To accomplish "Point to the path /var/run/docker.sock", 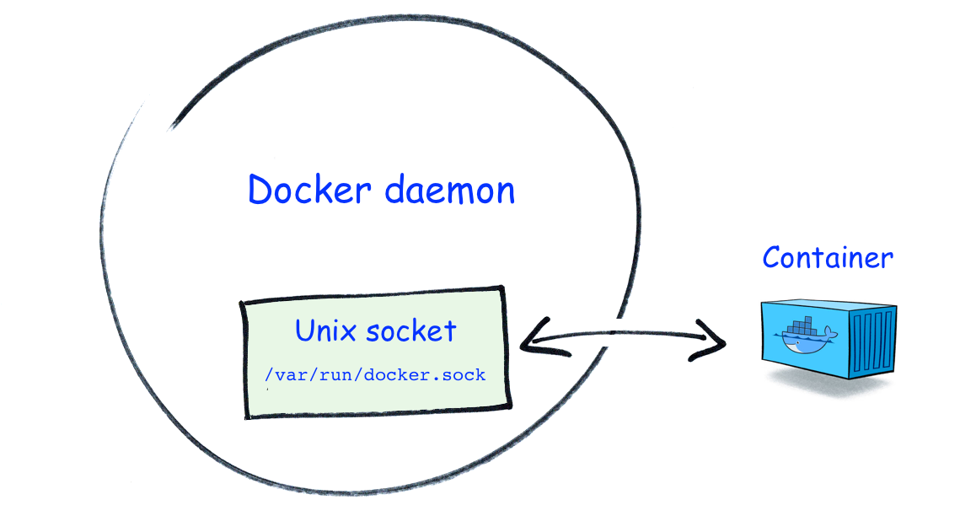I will [x=375, y=374].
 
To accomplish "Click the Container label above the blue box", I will [x=827, y=257].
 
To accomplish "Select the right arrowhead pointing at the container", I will [x=715, y=343].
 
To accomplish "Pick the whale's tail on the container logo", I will [x=830, y=335].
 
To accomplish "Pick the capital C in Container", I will [x=772, y=257].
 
